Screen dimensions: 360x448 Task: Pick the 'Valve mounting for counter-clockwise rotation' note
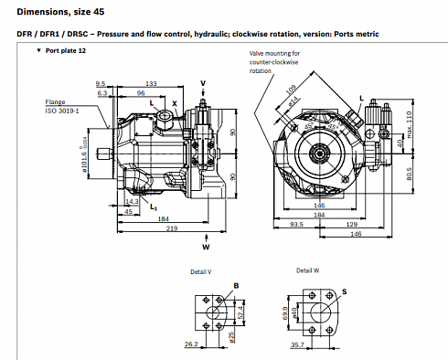pos(278,63)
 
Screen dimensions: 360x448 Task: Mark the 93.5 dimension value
pos(296,224)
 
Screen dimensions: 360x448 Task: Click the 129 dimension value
pos(351,224)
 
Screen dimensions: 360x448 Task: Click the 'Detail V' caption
pos(202,271)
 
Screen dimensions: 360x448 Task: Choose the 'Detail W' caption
pos(309,271)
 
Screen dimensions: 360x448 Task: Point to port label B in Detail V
pos(237,287)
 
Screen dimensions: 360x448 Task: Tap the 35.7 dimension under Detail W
pos(297,345)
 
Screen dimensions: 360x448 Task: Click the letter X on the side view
pos(175,103)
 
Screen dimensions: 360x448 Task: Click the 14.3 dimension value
pos(132,201)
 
